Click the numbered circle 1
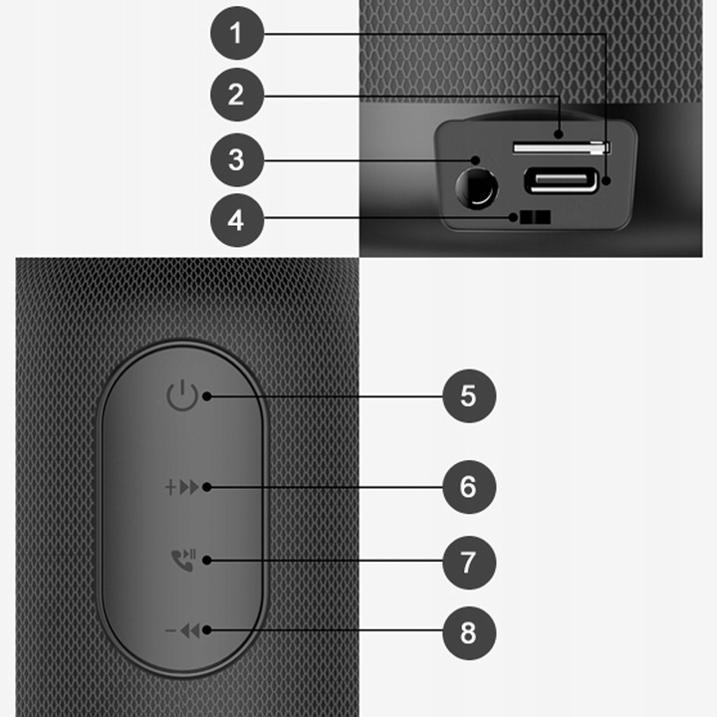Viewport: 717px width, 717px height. pyautogui.click(x=236, y=33)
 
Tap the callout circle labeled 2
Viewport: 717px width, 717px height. pyautogui.click(x=236, y=95)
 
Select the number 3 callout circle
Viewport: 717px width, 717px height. pyautogui.click(x=236, y=158)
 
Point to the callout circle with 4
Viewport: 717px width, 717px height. pyautogui.click(x=236, y=218)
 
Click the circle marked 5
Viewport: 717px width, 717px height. pyautogui.click(x=468, y=395)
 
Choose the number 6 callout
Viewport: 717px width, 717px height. pyautogui.click(x=468, y=487)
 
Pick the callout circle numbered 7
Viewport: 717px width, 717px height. pyautogui.click(x=468, y=561)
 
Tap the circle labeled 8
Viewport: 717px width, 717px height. pyautogui.click(x=468, y=630)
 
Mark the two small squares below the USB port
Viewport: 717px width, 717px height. pyautogui.click(x=532, y=218)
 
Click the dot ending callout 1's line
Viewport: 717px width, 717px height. pyautogui.click(x=606, y=182)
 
